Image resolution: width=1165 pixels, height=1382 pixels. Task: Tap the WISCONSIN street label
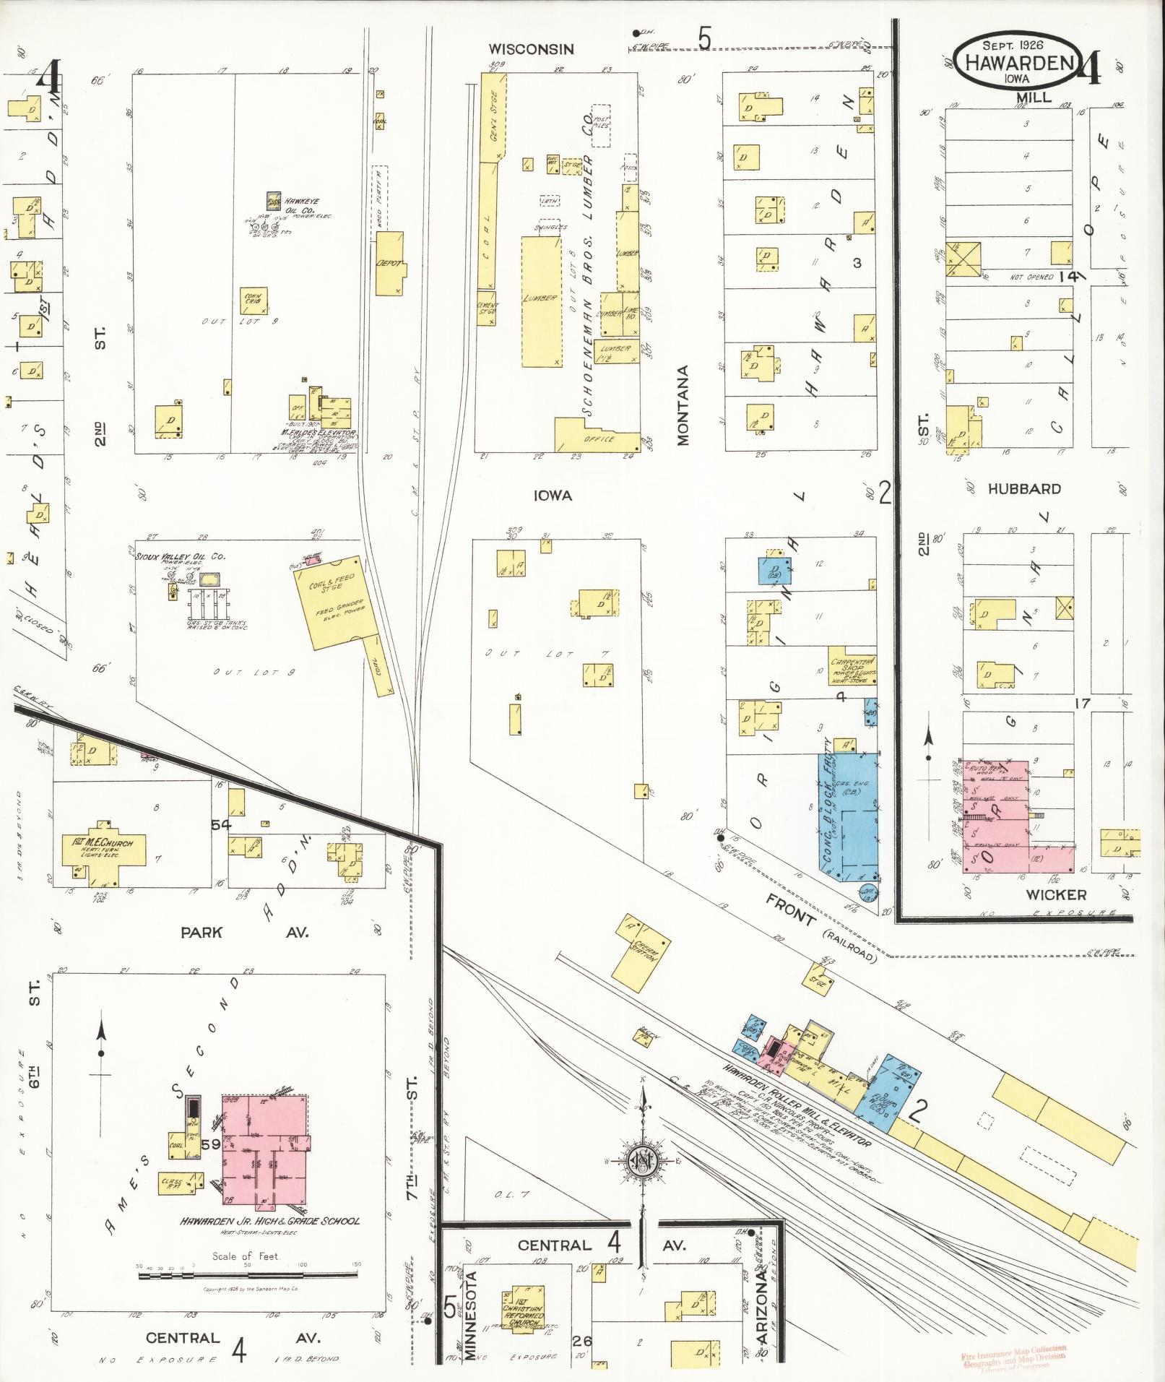point(531,49)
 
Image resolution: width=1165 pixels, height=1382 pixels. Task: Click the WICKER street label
point(1055,895)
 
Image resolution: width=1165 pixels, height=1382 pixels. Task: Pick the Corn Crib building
point(254,300)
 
